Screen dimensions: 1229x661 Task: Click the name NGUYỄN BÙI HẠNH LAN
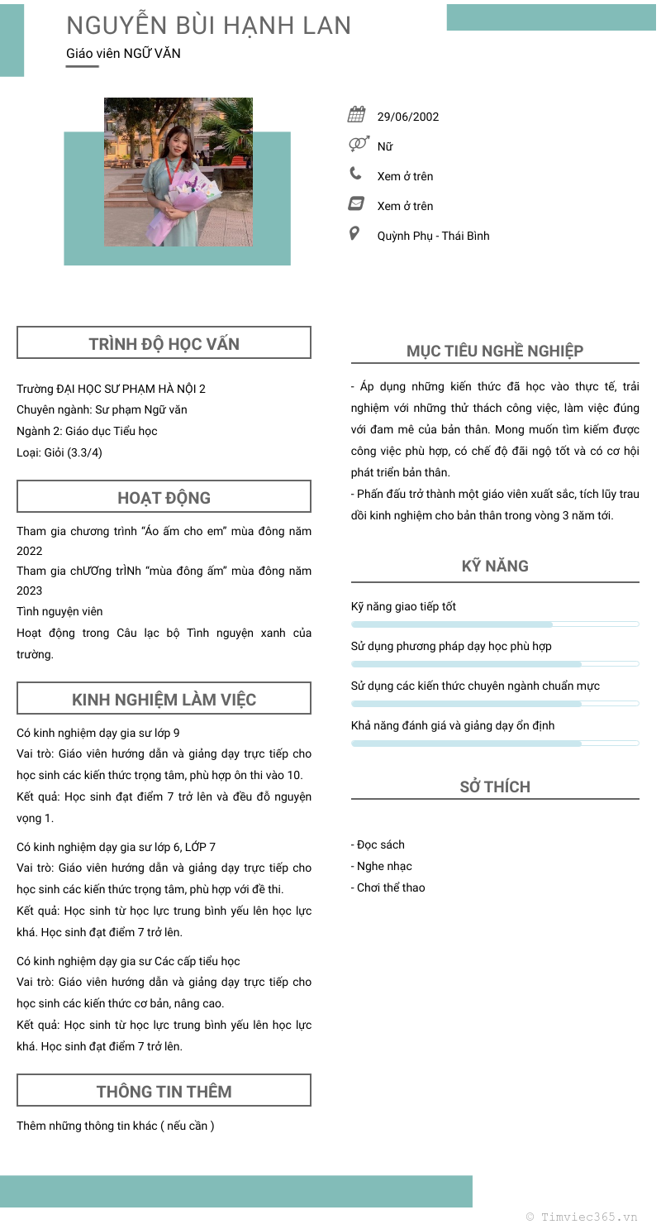click(208, 26)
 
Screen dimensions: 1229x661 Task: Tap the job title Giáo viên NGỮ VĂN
click(123, 54)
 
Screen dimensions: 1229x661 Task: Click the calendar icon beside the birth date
click(356, 115)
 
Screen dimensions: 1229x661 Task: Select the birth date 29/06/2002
click(408, 117)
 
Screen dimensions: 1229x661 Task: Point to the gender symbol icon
click(358, 144)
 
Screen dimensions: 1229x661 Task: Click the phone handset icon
click(355, 174)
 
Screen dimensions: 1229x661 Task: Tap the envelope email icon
click(356, 203)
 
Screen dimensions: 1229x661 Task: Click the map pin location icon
click(355, 233)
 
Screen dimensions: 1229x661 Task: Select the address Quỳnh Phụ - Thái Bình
click(433, 236)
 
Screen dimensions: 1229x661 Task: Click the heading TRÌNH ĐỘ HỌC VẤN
click(164, 344)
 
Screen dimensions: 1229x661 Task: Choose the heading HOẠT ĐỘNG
click(164, 498)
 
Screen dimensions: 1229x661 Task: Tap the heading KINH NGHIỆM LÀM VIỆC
click(164, 700)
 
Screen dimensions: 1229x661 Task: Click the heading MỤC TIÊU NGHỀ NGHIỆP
click(495, 351)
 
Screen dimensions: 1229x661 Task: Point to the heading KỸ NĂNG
click(495, 567)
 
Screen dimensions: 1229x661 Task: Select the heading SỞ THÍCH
click(495, 787)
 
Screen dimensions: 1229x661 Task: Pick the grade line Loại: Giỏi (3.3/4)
click(59, 452)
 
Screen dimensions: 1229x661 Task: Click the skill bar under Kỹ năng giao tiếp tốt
click(495, 624)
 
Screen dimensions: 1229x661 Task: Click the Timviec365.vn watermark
click(582, 1217)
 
